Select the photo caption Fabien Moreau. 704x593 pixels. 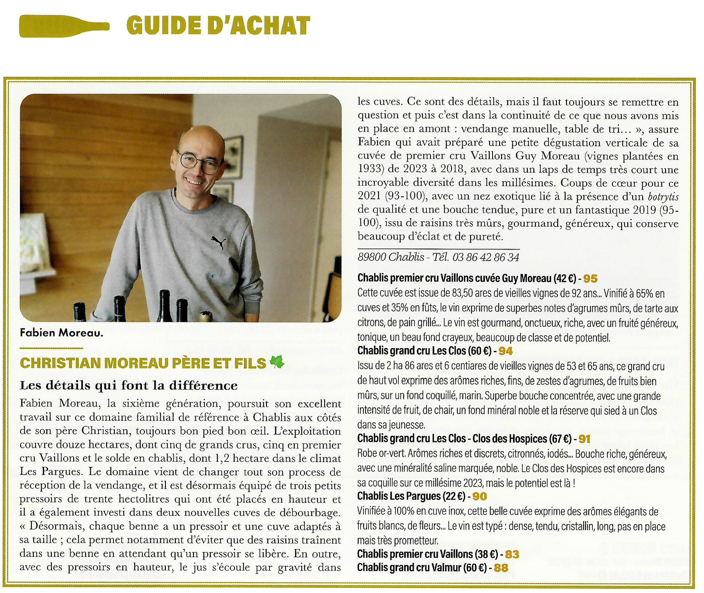[61, 333]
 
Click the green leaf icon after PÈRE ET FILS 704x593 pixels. [277, 362]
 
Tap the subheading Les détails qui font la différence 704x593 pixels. [129, 385]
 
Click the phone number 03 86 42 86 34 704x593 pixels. [486, 258]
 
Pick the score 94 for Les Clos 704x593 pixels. [505, 351]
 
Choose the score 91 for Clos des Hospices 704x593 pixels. [584, 439]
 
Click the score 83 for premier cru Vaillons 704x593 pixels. [512, 554]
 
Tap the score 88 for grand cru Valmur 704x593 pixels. [501, 568]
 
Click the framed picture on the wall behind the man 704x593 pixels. [233, 156]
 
